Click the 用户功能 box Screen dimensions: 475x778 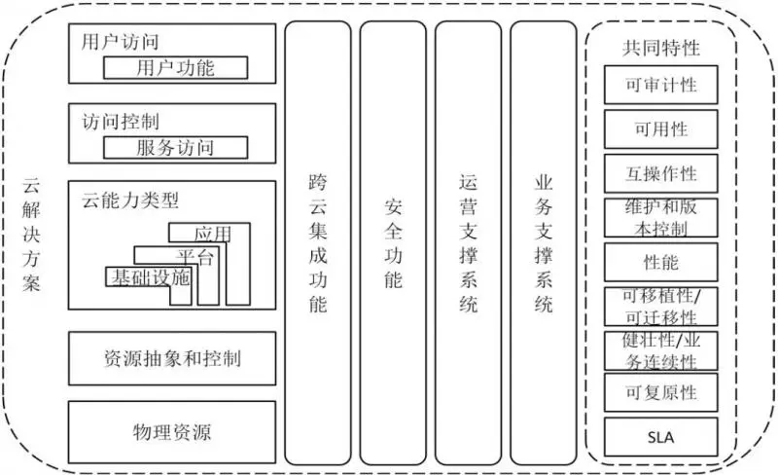[175, 67]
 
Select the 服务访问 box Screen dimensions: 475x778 [175, 147]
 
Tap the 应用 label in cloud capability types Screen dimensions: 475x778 [212, 234]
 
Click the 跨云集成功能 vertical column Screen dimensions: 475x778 [317, 243]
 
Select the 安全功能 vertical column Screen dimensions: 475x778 [393, 243]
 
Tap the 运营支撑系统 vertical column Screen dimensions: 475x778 [468, 243]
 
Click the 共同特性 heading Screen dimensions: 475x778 [661, 48]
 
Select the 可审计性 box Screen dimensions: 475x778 [661, 86]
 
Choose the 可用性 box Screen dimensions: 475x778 [661, 128]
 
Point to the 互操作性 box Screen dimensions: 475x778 [661, 173]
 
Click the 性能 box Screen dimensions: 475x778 [661, 263]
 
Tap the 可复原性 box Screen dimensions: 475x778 [661, 392]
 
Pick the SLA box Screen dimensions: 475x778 [661, 436]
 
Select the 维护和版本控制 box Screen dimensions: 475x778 [661, 218]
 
